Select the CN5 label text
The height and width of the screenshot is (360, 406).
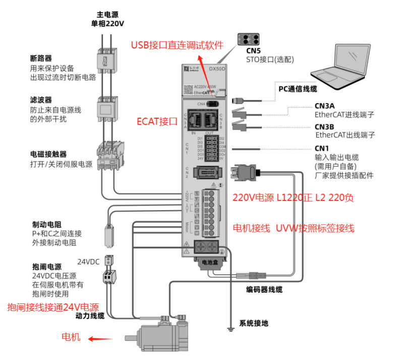click(x=253, y=50)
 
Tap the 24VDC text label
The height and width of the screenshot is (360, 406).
click(x=89, y=262)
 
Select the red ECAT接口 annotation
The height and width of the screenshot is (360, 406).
click(x=157, y=122)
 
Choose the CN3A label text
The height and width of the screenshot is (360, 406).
click(x=324, y=106)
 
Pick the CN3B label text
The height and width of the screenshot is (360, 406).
click(x=324, y=127)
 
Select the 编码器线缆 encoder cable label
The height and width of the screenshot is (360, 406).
click(x=264, y=289)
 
